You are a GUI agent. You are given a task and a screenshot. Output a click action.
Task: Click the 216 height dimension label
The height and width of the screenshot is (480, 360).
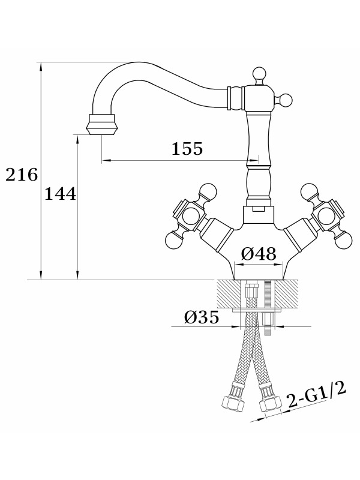[x=22, y=176]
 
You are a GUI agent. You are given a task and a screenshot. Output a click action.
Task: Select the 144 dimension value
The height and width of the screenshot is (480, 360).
[x=60, y=194]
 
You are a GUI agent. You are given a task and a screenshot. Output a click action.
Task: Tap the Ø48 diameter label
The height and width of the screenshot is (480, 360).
[x=259, y=254]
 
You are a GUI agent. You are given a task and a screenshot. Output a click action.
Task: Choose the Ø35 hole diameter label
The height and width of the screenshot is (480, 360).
[x=201, y=317]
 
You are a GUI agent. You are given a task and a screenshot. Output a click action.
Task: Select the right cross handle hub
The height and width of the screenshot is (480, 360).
[x=328, y=215]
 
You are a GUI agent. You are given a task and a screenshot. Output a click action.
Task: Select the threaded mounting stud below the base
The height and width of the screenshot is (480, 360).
[x=267, y=306]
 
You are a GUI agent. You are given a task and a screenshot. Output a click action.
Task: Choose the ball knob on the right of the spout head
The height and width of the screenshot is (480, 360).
[x=286, y=100]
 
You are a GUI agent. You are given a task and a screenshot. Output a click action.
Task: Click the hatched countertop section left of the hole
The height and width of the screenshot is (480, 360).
[x=227, y=295]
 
